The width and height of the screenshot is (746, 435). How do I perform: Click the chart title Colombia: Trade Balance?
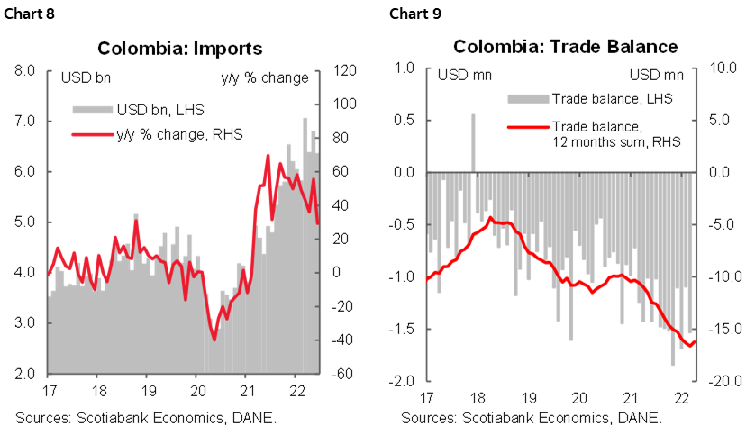click(x=565, y=46)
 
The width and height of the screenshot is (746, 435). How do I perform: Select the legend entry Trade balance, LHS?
click(x=612, y=97)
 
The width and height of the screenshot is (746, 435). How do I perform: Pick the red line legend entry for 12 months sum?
click(x=616, y=134)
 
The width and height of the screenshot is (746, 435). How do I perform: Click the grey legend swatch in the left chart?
click(x=93, y=110)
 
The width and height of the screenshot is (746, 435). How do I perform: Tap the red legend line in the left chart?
click(x=93, y=135)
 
